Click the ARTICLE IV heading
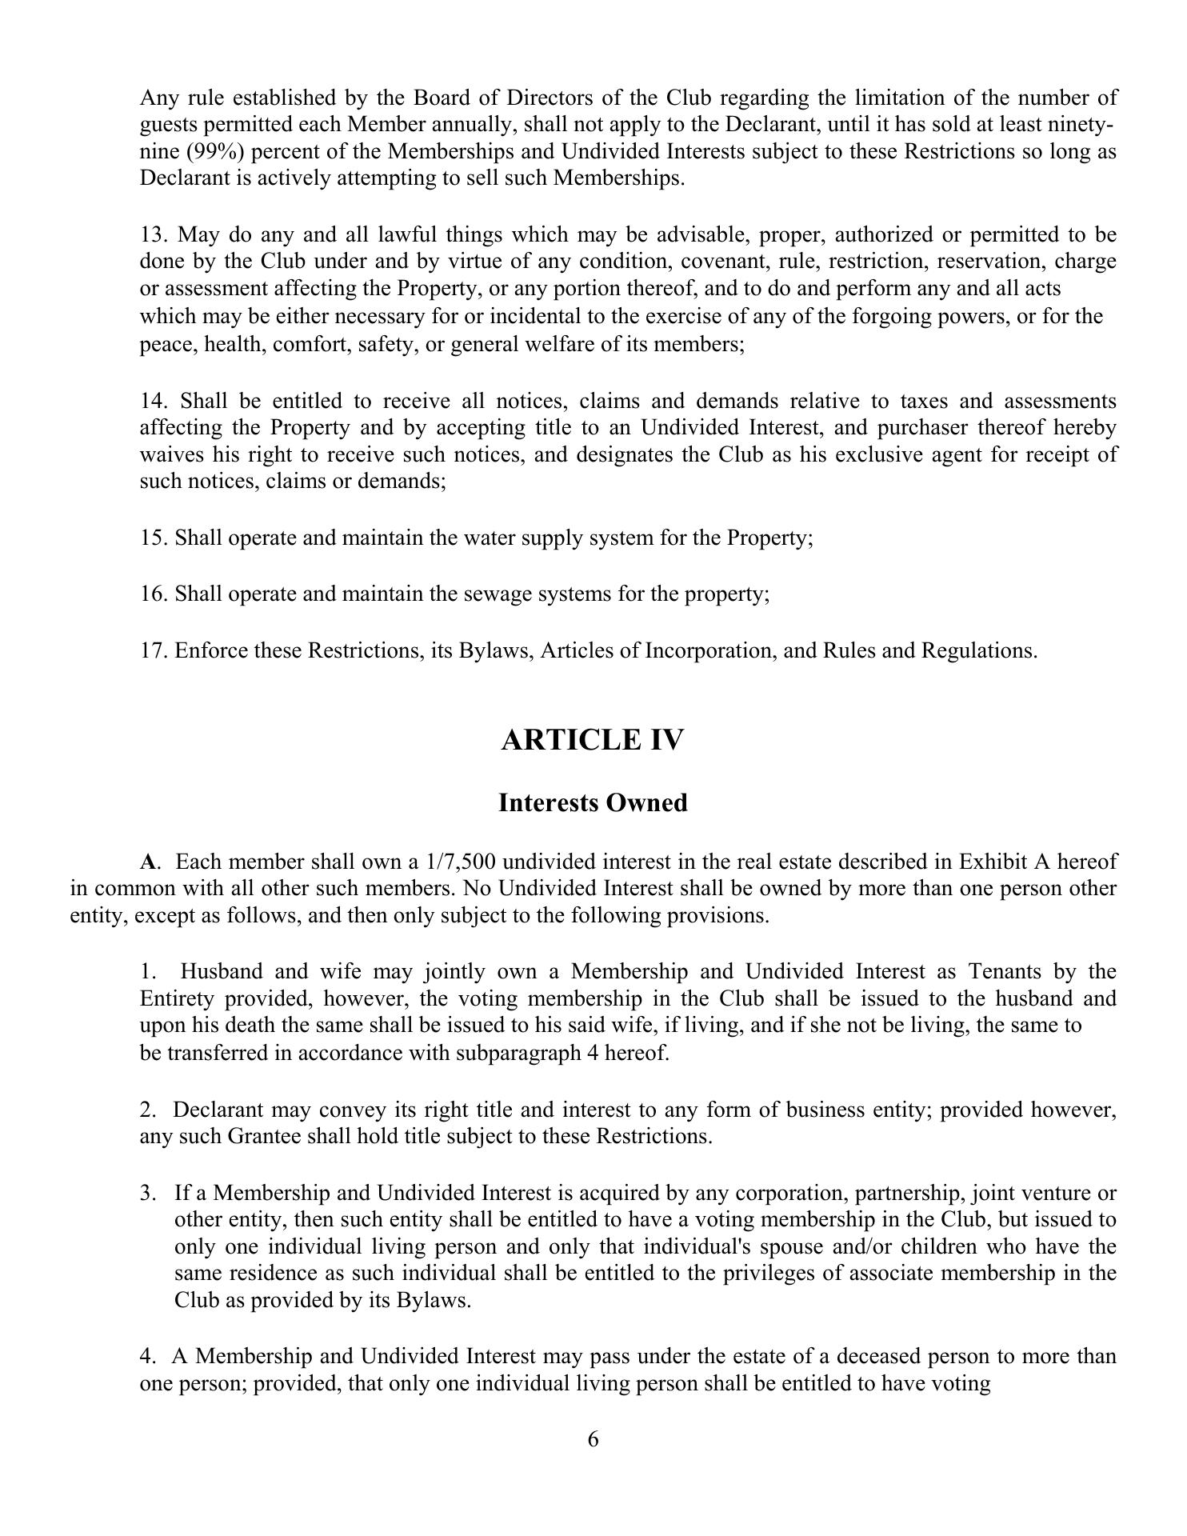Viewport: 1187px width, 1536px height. [x=593, y=740]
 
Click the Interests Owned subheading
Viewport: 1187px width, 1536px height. [x=593, y=803]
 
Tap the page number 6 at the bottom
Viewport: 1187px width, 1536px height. [x=593, y=1440]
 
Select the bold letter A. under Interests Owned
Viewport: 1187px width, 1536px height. [x=149, y=862]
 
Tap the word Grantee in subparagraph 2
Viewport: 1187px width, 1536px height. [x=265, y=1137]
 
